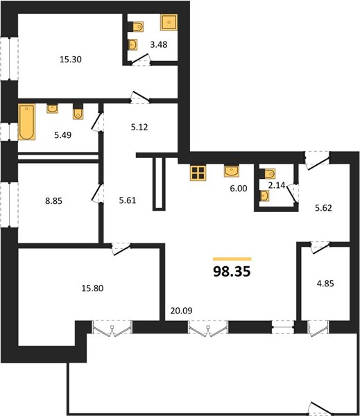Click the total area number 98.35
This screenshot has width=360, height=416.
232,271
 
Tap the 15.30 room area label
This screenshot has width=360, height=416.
70,60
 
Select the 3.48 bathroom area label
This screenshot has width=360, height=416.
158,44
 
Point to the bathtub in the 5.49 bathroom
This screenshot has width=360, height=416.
26,122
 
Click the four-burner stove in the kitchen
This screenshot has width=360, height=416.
198,173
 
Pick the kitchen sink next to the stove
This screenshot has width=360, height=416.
232,171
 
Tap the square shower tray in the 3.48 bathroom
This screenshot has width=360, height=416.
169,22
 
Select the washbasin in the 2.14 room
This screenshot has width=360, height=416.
264,196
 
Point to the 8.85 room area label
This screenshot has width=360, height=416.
53,201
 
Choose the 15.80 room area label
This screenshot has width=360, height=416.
92,288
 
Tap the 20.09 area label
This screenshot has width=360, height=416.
181,311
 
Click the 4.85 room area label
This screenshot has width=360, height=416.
325,284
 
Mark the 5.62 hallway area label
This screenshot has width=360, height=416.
323,208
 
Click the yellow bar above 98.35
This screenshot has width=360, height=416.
232,259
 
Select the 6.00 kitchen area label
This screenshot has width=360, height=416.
239,189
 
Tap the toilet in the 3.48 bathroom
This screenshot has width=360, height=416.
136,26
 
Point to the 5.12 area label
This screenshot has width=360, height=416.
139,128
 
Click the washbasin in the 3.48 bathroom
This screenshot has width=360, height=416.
132,44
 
